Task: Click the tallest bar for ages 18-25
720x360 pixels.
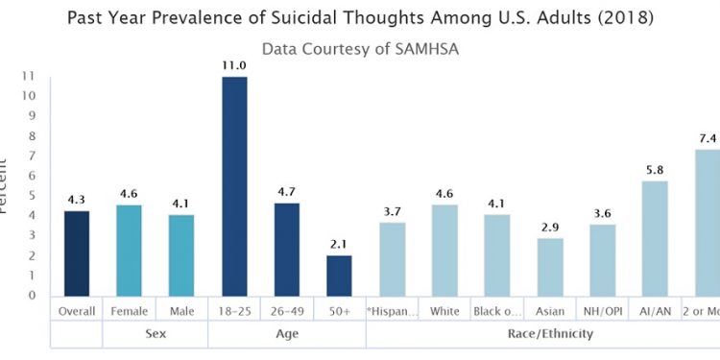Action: [x=234, y=186]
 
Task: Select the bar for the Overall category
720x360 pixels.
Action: [x=76, y=253]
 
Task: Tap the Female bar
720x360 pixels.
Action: [x=129, y=251]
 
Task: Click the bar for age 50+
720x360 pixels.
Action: [x=339, y=276]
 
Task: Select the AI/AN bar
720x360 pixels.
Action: [x=655, y=238]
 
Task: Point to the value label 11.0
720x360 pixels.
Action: [x=234, y=65]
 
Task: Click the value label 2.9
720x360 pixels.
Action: [x=549, y=228]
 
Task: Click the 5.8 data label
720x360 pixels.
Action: [x=655, y=170]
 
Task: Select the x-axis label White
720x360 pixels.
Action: [x=444, y=311]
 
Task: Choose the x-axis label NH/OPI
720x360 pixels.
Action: [x=602, y=311]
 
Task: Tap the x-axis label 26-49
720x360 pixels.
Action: [x=286, y=311]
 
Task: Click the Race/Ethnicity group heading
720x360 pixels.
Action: [x=549, y=334]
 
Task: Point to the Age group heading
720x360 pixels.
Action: [x=286, y=334]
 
